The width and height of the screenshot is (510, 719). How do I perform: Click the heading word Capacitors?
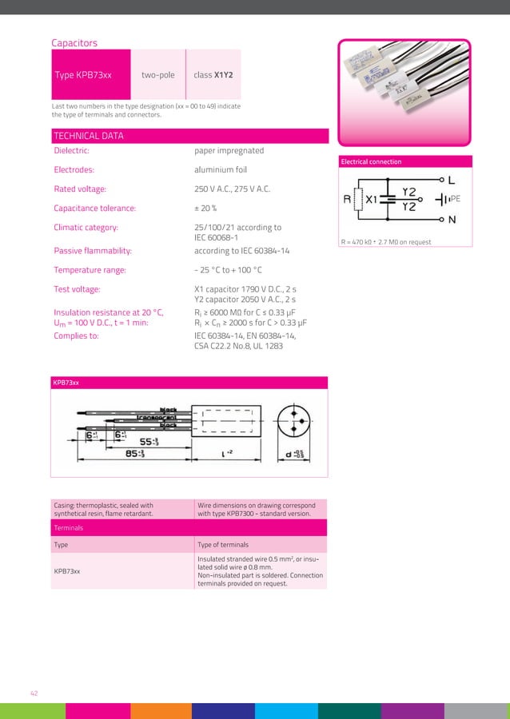point(74,42)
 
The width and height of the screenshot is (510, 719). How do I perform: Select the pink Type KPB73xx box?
point(90,75)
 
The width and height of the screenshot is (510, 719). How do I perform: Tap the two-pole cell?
point(157,75)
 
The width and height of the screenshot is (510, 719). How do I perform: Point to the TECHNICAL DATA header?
point(88,136)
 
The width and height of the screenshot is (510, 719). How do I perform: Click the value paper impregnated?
point(229,150)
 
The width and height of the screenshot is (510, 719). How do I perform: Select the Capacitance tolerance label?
point(94,209)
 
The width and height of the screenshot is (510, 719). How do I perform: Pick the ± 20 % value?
point(206,209)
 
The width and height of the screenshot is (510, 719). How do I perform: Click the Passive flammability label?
point(93,251)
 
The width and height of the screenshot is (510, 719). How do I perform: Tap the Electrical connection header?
point(371,161)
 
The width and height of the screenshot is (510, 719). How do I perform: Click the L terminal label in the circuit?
point(452,180)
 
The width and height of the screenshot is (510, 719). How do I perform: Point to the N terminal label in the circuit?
point(452,219)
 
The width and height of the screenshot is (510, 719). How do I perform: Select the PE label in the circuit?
point(455,198)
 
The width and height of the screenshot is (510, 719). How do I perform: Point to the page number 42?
point(34,693)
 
